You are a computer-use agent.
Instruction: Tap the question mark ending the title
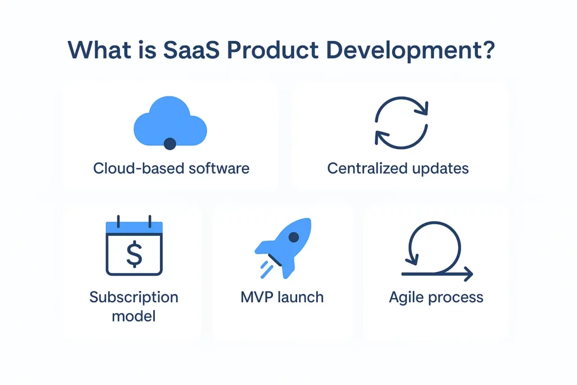[488, 50]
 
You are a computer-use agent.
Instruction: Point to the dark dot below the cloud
[170, 144]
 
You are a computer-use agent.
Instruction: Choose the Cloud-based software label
[171, 168]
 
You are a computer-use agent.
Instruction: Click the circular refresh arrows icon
[401, 126]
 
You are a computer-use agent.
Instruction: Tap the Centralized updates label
[398, 168]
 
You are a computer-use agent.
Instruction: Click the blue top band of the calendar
[134, 228]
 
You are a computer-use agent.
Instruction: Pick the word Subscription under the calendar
[134, 297]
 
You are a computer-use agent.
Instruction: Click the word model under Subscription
[134, 316]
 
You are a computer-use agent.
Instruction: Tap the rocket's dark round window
[293, 237]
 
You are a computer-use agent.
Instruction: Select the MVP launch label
[282, 297]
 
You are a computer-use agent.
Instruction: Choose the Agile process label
[436, 297]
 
